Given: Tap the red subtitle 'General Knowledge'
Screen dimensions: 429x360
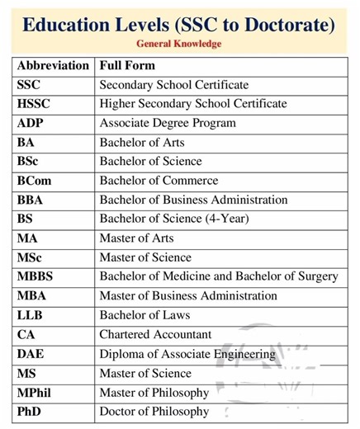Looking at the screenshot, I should click(179, 44).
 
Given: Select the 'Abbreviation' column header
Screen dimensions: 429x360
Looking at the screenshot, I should click(53, 65).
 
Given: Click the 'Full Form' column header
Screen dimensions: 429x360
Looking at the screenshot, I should click(127, 65).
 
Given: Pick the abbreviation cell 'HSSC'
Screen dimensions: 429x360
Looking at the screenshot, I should click(34, 104).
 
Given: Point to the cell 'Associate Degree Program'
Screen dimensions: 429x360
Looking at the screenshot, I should click(168, 123).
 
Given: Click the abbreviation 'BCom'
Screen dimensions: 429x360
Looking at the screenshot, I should click(35, 181).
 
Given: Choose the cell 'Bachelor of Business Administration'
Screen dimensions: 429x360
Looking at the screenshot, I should click(193, 200).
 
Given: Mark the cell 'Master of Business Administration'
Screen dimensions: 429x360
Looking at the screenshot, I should click(188, 295).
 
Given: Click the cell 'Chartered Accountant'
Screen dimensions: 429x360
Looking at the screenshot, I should click(155, 334).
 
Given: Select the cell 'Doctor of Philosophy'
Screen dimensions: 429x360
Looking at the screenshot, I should click(154, 411).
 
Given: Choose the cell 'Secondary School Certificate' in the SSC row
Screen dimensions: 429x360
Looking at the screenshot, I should click(173, 85).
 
